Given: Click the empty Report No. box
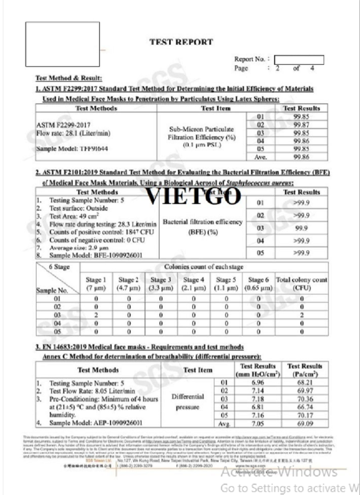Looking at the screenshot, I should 298,60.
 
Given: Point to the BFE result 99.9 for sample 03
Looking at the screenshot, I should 301,228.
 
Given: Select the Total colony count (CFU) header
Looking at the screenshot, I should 301,283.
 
